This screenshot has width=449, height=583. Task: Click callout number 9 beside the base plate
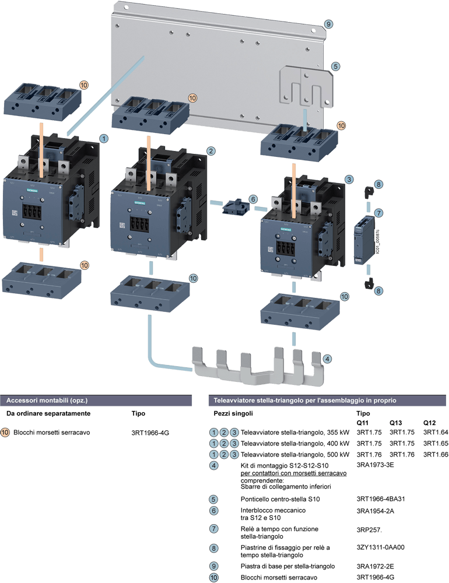(x=329, y=24)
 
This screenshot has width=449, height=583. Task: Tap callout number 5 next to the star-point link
(x=335, y=66)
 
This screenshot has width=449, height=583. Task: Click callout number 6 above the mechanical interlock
(x=252, y=199)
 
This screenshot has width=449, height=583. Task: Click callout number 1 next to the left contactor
(x=103, y=139)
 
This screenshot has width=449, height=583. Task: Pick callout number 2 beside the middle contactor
(x=211, y=151)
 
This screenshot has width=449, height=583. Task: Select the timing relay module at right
(x=364, y=240)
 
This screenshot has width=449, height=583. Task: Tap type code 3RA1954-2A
(x=376, y=510)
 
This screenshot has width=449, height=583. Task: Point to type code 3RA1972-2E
(x=376, y=566)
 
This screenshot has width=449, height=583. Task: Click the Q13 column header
(x=397, y=422)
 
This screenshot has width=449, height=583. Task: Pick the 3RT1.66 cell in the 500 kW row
(x=434, y=454)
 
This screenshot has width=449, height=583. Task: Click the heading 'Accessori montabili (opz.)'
(x=47, y=401)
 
